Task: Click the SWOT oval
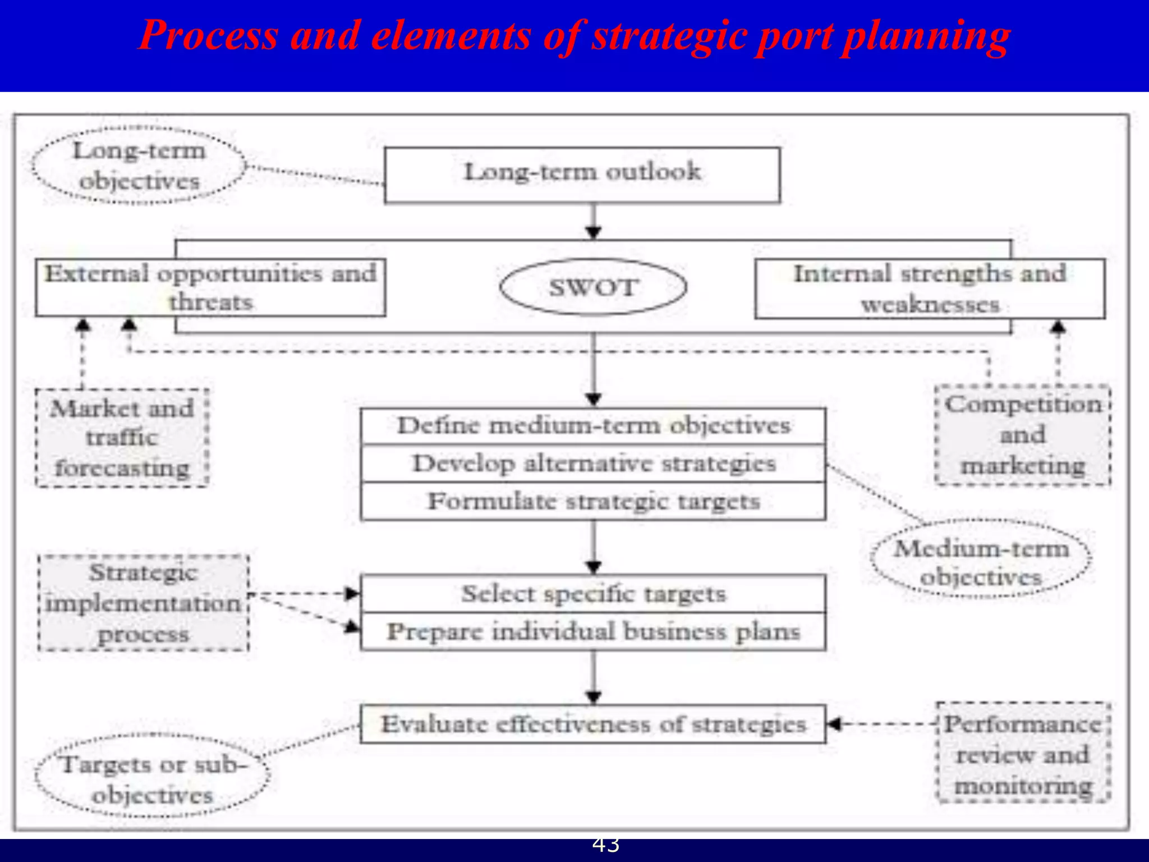[593, 287]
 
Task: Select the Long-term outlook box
[582, 175]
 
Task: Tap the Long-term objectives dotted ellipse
[139, 165]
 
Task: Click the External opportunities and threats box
[210, 287]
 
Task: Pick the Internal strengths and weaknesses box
[930, 288]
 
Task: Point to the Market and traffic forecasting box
[122, 438]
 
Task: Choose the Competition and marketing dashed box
[1023, 435]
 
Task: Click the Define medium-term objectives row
[593, 426]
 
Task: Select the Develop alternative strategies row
[593, 464]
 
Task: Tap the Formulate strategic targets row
[593, 501]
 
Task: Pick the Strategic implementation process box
[144, 603]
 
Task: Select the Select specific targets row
[593, 594]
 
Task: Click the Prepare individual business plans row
[593, 632]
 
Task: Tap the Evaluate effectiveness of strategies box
[593, 724]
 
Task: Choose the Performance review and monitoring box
[1023, 754]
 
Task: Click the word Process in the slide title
[208, 35]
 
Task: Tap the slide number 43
[606, 845]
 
